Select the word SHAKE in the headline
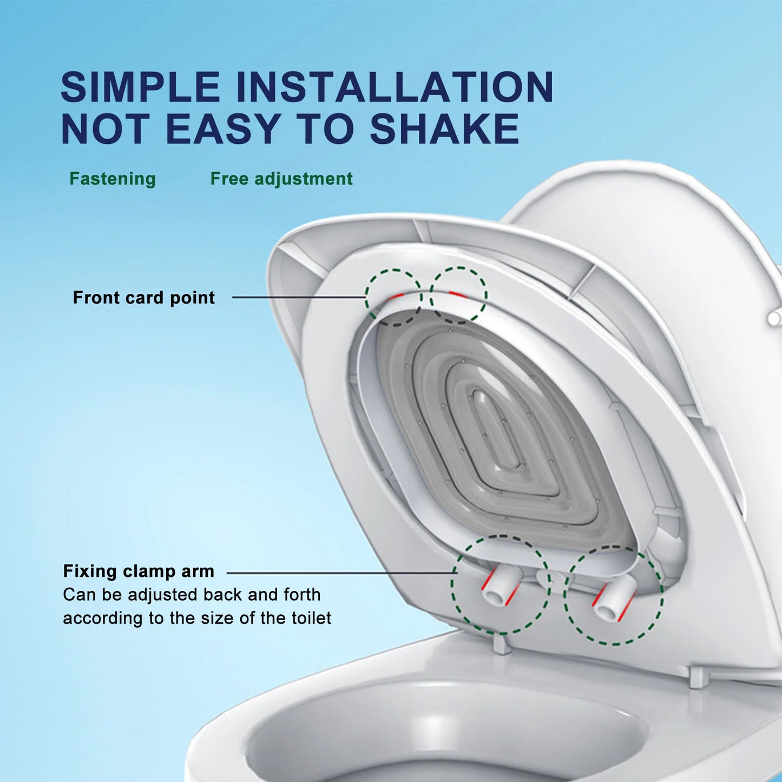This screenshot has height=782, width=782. point(444,129)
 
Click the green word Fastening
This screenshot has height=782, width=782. point(113,179)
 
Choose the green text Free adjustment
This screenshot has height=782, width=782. point(281,179)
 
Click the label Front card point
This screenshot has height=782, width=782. point(144,298)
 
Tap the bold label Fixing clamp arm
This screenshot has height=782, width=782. point(139,571)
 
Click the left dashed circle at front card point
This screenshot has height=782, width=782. point(393,297)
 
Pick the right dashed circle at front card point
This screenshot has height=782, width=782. point(459,295)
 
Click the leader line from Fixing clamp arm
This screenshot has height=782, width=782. point(341,572)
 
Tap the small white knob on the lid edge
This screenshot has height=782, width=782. point(774,318)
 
